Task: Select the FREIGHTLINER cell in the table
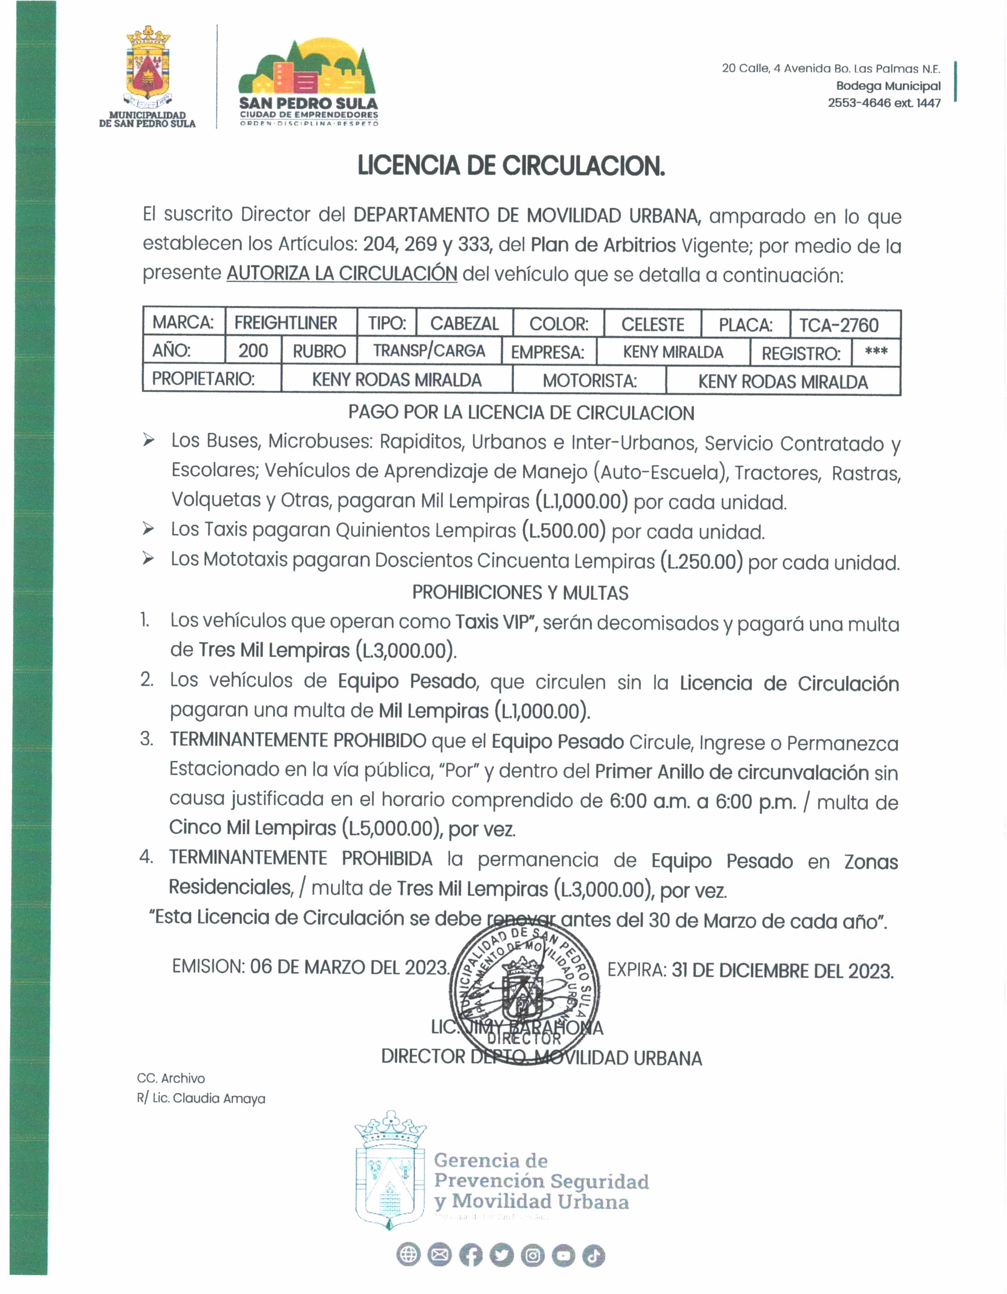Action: tap(286, 323)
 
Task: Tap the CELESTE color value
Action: tap(652, 324)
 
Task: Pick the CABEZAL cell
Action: tap(465, 324)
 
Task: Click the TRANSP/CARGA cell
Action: tap(429, 351)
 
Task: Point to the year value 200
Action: tap(253, 351)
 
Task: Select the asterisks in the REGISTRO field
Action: tap(876, 352)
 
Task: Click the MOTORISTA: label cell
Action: tap(589, 381)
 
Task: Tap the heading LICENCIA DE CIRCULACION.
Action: tap(511, 166)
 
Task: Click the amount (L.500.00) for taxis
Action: tap(564, 532)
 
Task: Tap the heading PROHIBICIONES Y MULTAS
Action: tap(520, 593)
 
